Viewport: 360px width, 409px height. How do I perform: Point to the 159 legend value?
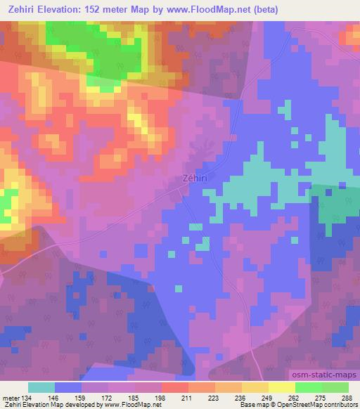click(81, 397)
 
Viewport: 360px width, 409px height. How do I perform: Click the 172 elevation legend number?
click(108, 397)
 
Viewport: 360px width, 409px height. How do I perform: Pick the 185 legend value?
click(134, 397)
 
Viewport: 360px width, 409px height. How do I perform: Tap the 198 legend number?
click(161, 397)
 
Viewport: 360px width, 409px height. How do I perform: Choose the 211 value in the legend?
click(188, 397)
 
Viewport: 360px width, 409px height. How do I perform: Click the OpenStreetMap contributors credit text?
click(319, 405)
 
